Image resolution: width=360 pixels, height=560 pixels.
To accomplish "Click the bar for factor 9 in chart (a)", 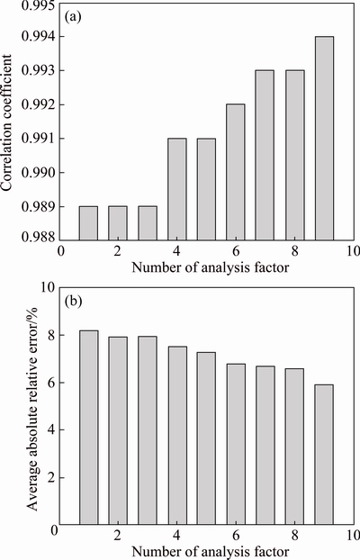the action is click(x=324, y=139).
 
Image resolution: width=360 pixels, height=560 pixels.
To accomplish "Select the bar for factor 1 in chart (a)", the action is click(x=88, y=223).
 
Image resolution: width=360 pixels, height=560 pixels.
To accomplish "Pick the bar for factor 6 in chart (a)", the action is click(x=236, y=172).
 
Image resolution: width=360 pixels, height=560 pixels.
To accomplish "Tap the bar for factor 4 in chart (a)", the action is click(x=177, y=189).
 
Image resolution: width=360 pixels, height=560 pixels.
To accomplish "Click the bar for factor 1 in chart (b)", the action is click(x=89, y=428).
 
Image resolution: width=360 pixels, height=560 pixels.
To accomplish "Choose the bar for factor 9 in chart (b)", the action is click(x=324, y=455).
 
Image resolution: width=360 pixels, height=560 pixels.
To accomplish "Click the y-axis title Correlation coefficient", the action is click(x=7, y=122).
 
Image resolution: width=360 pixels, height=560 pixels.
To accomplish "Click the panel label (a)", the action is click(x=73, y=17).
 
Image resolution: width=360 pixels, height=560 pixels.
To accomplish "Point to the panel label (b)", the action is click(x=73, y=302).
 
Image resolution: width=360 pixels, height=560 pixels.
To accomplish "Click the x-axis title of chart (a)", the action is click(x=210, y=267).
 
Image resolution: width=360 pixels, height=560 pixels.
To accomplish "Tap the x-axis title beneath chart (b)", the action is click(x=210, y=551).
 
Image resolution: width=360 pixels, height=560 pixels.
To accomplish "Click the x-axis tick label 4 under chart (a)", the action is click(x=176, y=251).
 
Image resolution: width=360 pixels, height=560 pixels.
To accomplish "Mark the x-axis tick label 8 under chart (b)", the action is click(x=294, y=536).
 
